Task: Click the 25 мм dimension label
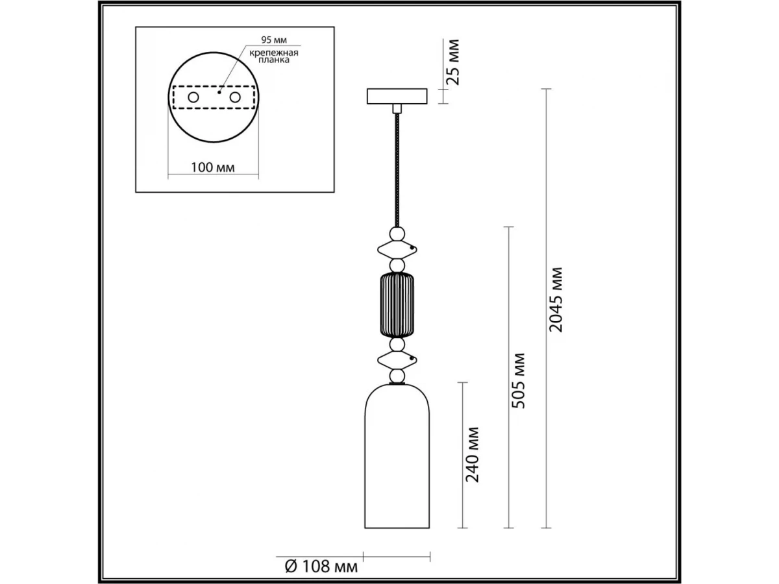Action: point(454,62)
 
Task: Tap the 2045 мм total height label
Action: point(556,300)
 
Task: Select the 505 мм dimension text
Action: point(518,381)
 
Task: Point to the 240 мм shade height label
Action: point(472,455)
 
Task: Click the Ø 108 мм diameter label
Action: point(321,566)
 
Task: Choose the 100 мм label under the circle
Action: point(212,167)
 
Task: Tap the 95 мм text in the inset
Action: point(274,40)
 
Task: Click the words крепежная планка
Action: point(274,56)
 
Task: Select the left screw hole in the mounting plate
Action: point(193,97)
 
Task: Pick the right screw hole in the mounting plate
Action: point(235,97)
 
